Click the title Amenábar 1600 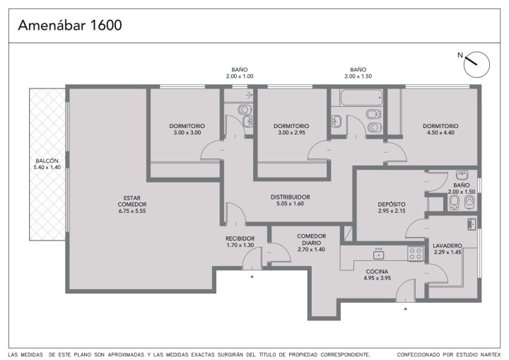pos(70,25)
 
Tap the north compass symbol pos(476,64)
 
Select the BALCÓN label pos(47,161)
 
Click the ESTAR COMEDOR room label pos(132,201)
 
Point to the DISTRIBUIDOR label pos(291,197)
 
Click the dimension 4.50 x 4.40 pos(440,132)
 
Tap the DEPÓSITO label pos(392,204)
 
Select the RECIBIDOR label pos(240,238)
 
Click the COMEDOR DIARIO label pos(311,240)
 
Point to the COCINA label pos(377,272)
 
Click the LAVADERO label pos(447,245)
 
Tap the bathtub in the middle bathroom pos(361,97)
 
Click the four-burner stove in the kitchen pos(416,253)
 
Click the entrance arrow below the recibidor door pos(252,277)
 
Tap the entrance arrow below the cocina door pos(406,308)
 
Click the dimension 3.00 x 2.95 pos(291,132)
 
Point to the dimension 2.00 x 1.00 pos(240,76)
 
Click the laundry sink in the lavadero pos(472,224)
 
